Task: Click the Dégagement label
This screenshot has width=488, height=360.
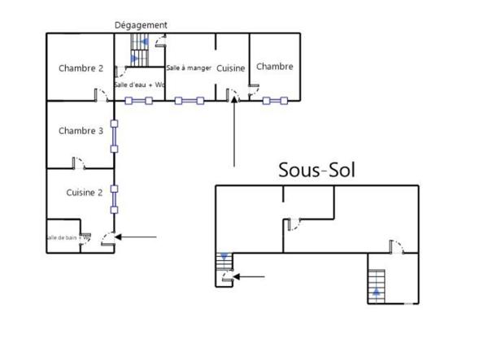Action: click(x=141, y=25)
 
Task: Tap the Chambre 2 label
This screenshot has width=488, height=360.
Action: click(x=81, y=68)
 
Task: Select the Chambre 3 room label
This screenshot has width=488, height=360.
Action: click(x=81, y=131)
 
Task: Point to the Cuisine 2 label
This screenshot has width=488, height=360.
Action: click(x=84, y=193)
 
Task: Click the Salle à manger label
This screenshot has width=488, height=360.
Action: click(x=189, y=68)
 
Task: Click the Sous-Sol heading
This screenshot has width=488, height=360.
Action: click(x=316, y=170)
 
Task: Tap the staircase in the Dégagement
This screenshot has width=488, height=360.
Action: click(x=137, y=55)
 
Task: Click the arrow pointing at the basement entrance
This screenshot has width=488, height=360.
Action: click(x=249, y=277)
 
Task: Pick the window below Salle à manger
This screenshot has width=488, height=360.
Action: click(x=190, y=101)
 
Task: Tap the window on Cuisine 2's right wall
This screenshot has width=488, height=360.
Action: click(x=115, y=197)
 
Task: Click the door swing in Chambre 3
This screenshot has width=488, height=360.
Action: click(x=78, y=164)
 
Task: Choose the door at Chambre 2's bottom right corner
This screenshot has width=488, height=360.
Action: click(x=102, y=95)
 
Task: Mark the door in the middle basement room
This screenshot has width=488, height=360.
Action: click(x=292, y=223)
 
